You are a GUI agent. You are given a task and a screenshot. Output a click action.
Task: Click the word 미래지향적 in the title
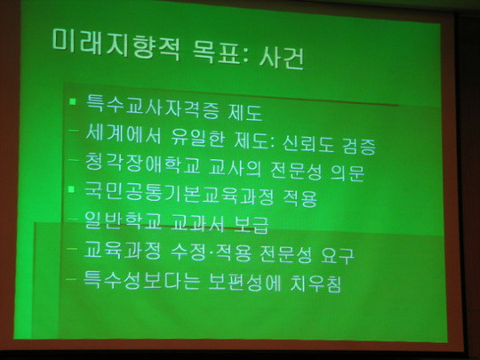point(116,44)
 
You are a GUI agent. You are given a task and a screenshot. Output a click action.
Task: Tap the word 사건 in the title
point(281,58)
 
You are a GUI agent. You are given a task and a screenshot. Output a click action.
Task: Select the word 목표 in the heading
point(220,52)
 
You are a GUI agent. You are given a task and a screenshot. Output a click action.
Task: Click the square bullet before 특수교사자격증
point(73,101)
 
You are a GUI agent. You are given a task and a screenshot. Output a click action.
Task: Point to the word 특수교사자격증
point(153,107)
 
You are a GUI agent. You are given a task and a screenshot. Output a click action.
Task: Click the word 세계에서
point(123,133)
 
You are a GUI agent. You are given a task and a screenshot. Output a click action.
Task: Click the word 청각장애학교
point(142,164)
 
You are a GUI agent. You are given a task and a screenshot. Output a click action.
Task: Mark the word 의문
point(348,173)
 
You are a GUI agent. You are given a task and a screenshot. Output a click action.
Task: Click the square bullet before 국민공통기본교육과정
point(72,188)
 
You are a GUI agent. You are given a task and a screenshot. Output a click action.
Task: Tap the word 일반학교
point(123,220)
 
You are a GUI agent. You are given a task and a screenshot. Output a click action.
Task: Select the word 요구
point(338,255)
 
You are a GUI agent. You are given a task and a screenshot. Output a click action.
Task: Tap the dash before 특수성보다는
point(71,278)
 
